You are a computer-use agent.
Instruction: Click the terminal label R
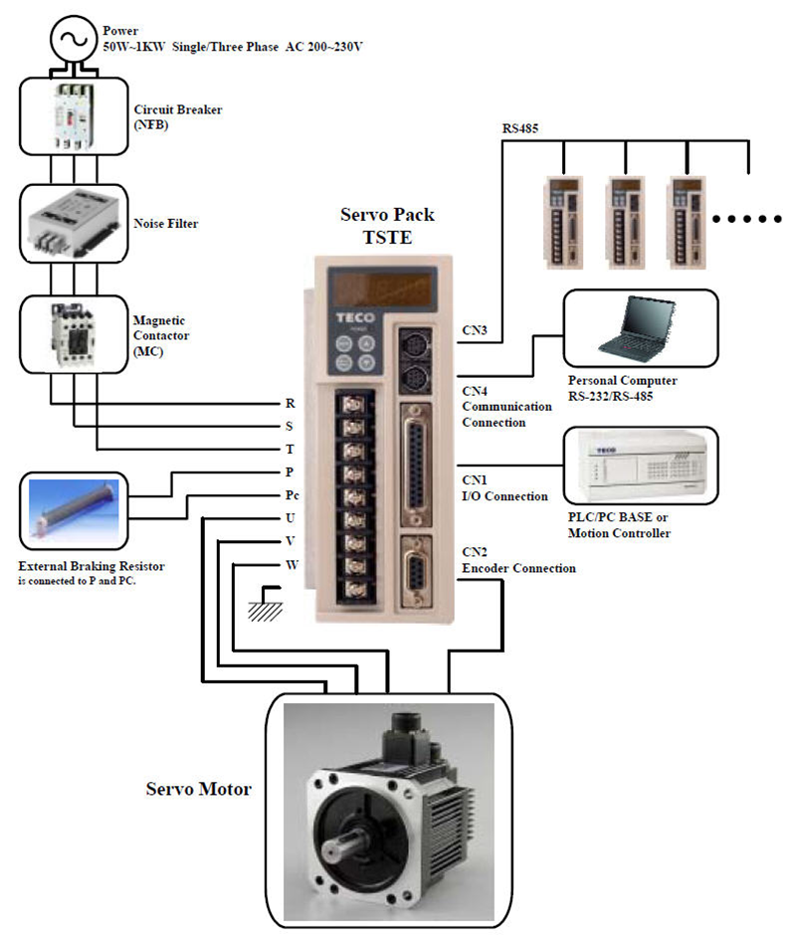coord(290,404)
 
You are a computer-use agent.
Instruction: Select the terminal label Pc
coord(292,494)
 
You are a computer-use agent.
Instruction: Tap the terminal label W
coord(291,565)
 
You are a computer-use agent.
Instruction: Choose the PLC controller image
coord(640,468)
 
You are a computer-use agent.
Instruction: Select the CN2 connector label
coord(475,551)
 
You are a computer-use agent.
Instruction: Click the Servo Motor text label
coord(198,790)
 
